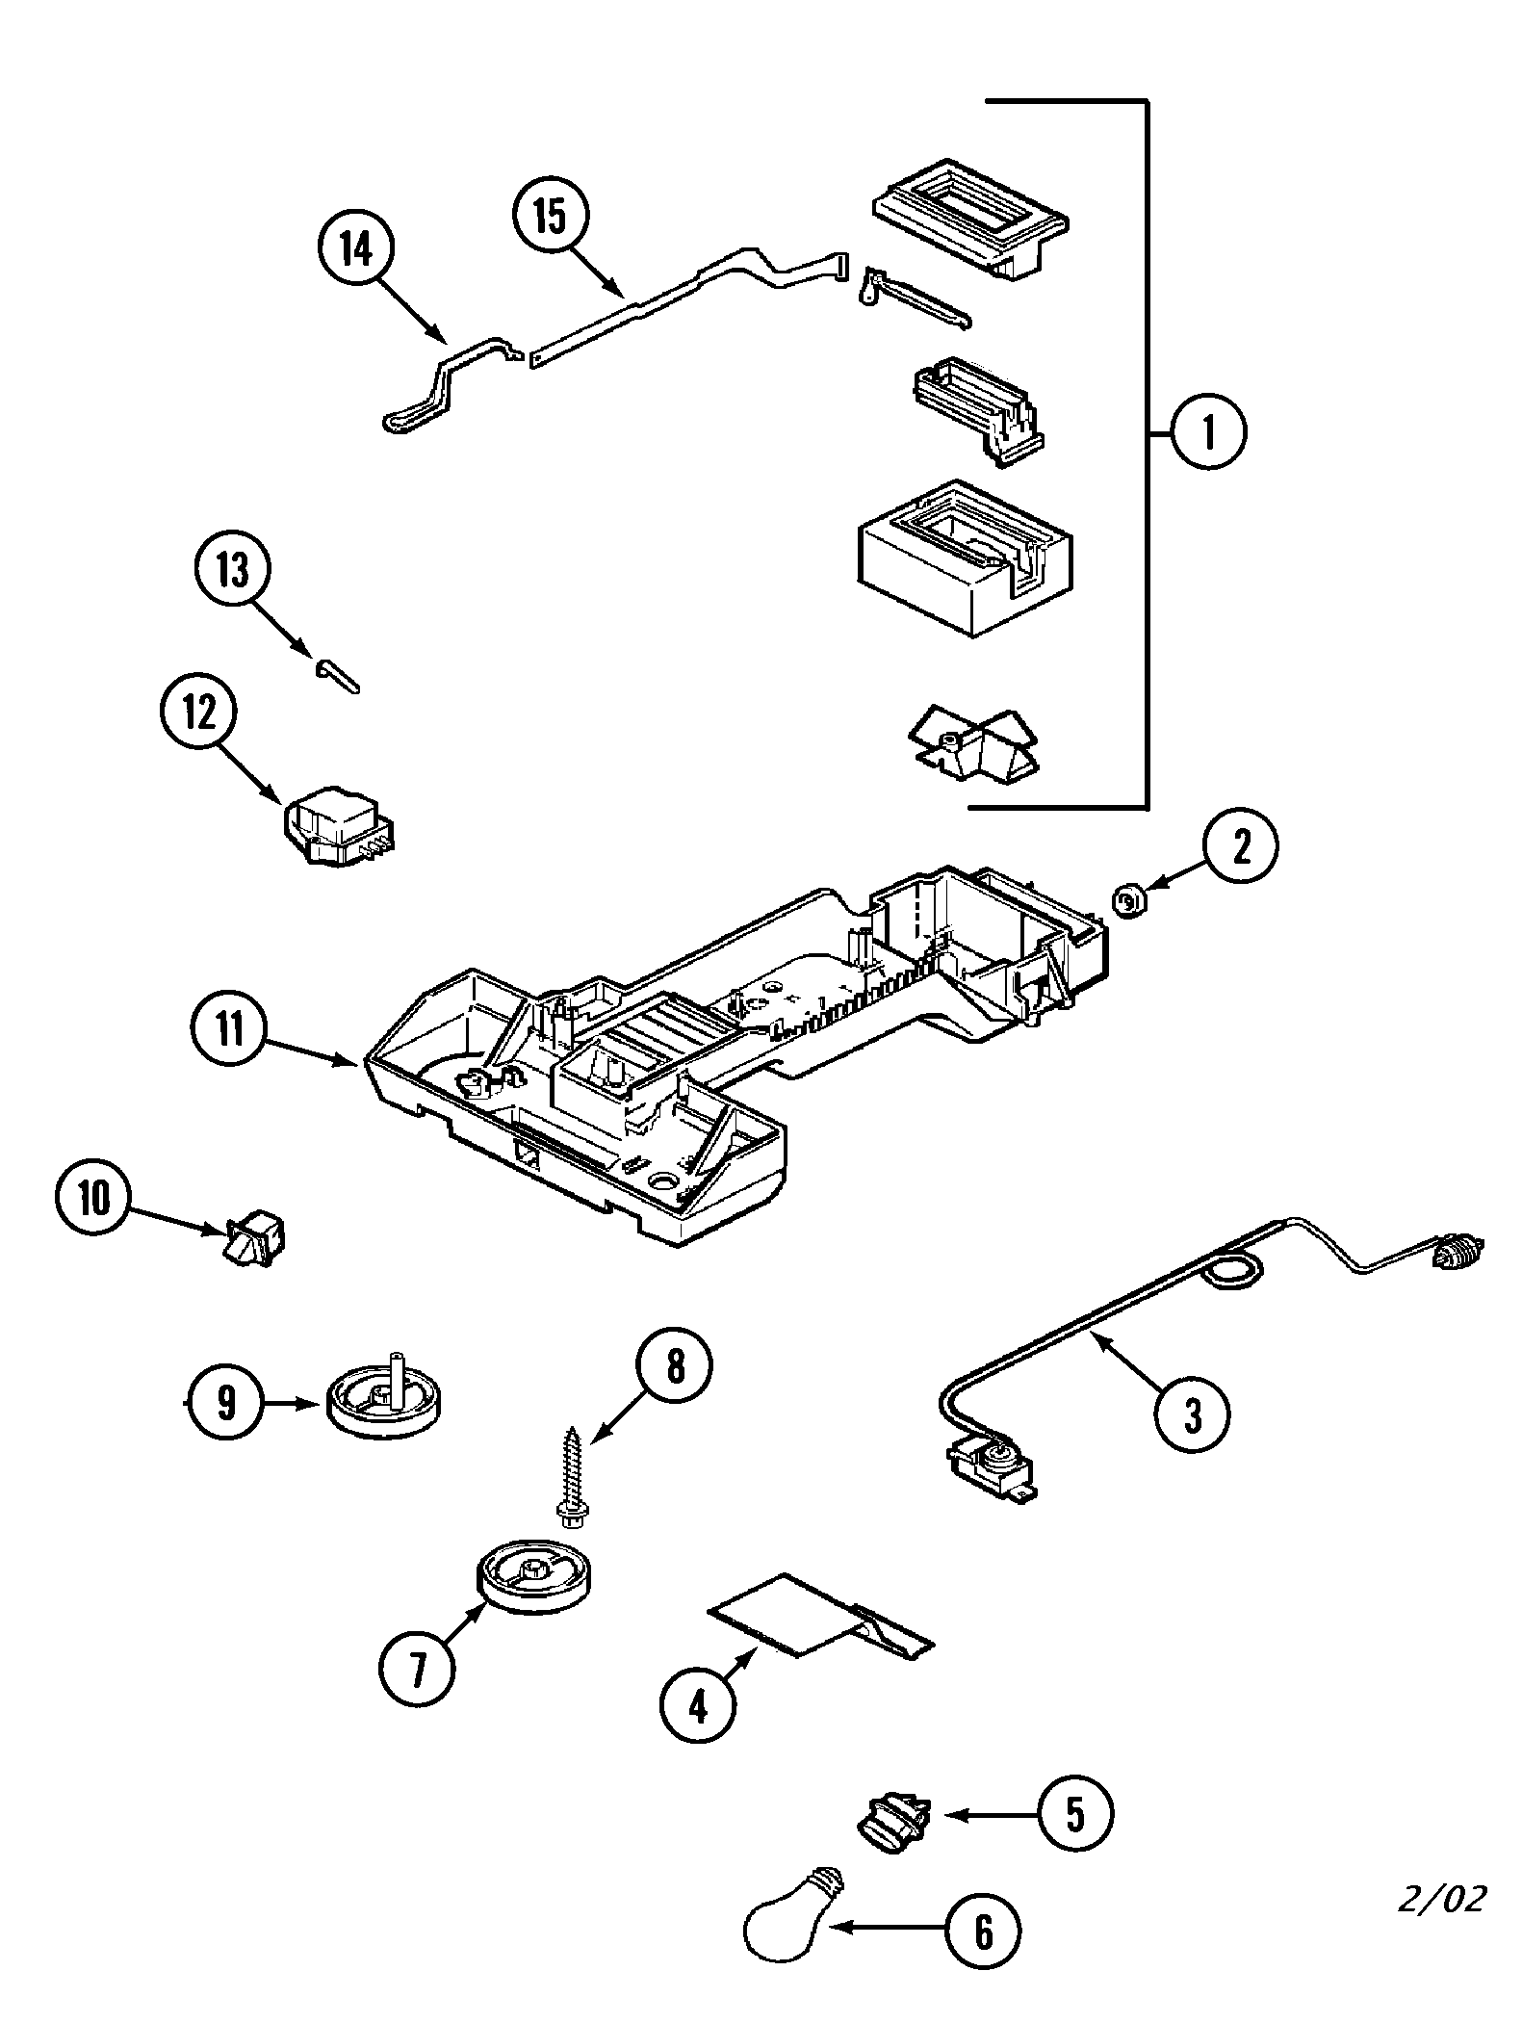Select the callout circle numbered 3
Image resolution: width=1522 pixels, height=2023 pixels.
click(x=1192, y=1414)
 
